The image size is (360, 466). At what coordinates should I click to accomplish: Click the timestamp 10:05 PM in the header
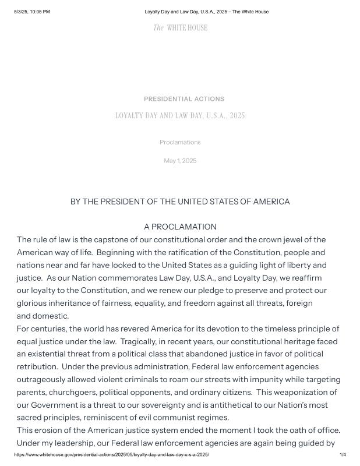[40, 12]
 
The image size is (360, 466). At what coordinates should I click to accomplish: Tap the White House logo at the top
[180, 27]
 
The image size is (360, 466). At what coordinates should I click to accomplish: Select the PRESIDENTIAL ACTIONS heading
[183, 99]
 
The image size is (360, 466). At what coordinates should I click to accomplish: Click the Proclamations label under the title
[180, 142]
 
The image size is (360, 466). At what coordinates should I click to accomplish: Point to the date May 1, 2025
[180, 161]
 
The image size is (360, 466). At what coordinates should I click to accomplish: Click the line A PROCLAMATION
[180, 227]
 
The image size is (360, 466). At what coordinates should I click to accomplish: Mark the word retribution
[37, 366]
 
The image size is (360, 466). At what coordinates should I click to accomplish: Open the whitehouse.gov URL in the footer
[111, 454]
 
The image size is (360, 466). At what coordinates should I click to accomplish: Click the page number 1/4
[342, 454]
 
